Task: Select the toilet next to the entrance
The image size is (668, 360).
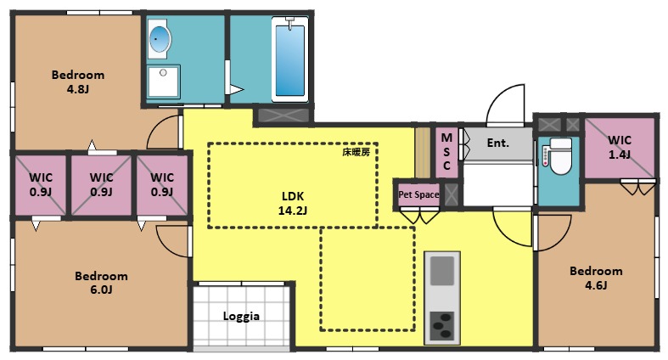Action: tap(559, 157)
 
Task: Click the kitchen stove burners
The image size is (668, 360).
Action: tap(441, 324)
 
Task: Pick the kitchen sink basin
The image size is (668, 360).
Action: tap(441, 272)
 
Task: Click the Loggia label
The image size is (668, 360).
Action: tap(241, 316)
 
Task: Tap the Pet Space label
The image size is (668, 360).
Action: tap(418, 194)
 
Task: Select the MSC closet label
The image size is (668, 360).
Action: tap(446, 151)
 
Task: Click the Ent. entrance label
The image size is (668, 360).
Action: tap(497, 143)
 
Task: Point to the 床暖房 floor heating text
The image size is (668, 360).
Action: tap(355, 153)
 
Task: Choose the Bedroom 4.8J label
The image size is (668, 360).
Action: tap(77, 81)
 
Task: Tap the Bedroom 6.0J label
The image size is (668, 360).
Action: tap(101, 283)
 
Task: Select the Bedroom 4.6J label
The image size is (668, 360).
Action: tap(595, 278)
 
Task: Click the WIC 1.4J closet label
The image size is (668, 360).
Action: tap(620, 147)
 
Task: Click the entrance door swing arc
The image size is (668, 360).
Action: tap(507, 102)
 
